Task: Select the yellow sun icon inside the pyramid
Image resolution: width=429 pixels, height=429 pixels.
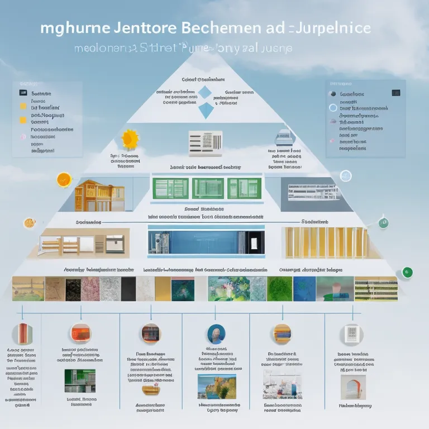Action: tap(130, 138)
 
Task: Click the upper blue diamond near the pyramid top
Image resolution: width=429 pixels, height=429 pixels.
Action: tap(206, 92)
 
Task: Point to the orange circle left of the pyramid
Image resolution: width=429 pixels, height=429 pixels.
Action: tap(64, 179)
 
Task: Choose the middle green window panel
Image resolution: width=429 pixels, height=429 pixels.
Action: tap(208, 188)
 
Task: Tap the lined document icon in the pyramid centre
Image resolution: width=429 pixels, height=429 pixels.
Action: tap(205, 140)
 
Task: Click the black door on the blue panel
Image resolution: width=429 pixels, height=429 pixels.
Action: tap(255, 241)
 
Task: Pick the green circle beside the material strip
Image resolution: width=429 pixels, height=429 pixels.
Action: tap(407, 273)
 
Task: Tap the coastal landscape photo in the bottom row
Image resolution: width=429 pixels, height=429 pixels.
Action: tap(217, 385)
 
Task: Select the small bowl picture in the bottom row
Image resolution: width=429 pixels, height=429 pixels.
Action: tap(149, 389)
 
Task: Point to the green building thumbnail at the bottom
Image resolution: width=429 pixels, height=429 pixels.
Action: tap(79, 381)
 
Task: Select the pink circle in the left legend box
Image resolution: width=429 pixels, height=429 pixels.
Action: tap(23, 136)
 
